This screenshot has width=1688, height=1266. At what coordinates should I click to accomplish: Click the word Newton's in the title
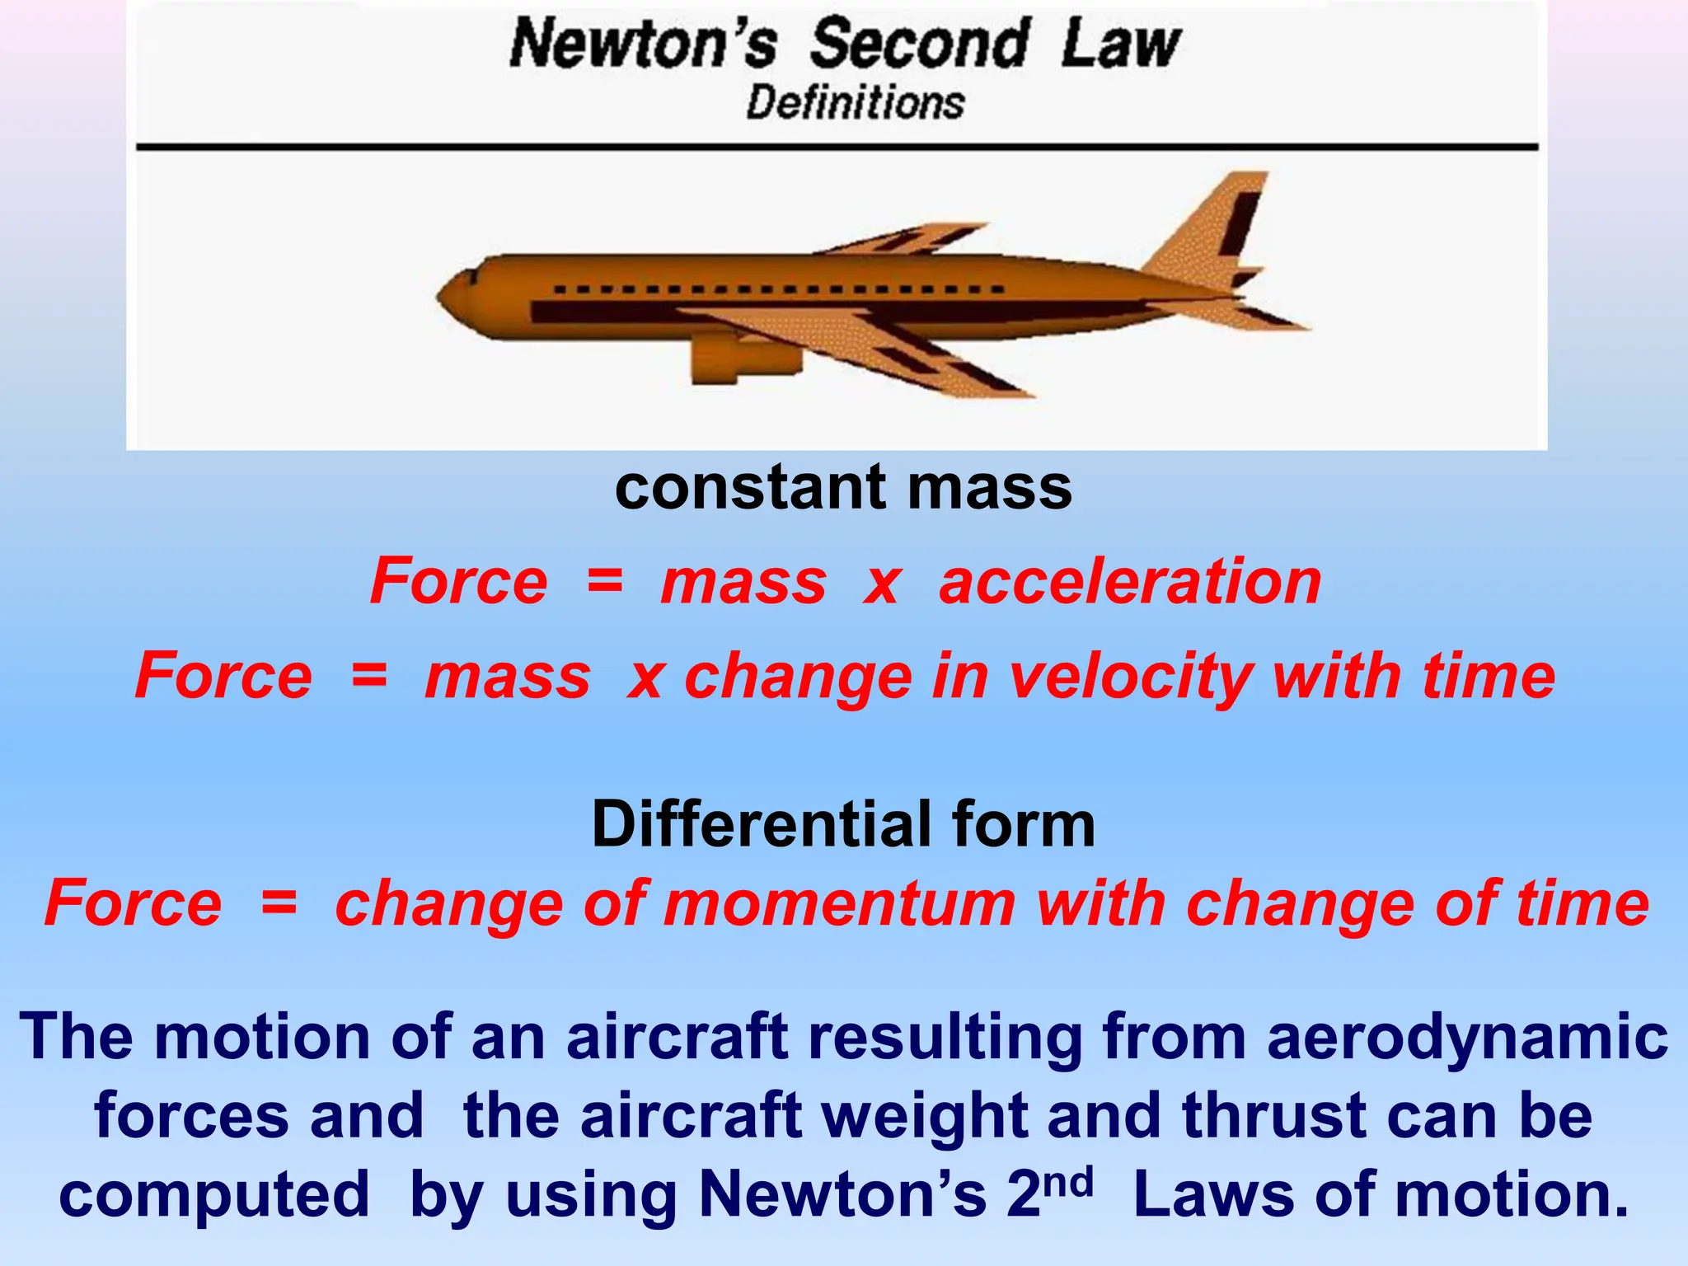[x=643, y=45]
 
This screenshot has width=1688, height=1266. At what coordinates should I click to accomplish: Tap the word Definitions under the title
[x=855, y=104]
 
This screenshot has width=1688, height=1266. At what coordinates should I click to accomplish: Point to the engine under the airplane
[x=742, y=359]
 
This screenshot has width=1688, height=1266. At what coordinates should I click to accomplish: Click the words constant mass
[x=843, y=487]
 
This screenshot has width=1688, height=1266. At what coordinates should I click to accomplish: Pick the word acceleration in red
[x=1130, y=582]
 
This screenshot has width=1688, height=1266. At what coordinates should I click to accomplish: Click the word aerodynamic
[x=1467, y=1036]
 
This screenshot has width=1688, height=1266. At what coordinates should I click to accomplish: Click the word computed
[x=214, y=1196]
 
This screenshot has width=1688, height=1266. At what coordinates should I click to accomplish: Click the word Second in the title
[x=918, y=45]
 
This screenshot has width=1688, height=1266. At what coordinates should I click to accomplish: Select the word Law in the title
[x=1121, y=45]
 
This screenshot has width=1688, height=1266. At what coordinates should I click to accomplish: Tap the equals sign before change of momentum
[x=279, y=903]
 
